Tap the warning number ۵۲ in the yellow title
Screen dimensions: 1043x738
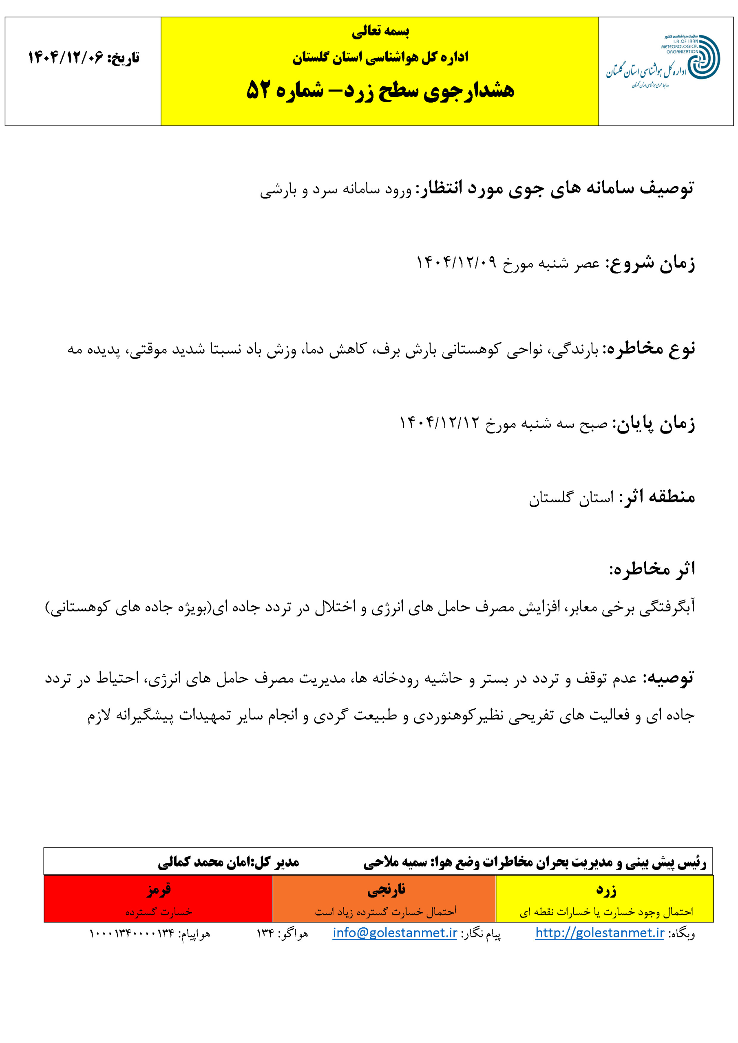pos(259,90)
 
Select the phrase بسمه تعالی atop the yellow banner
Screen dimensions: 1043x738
pos(380,31)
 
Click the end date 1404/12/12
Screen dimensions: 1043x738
pos(439,423)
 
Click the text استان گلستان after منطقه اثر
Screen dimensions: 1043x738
pos(571,497)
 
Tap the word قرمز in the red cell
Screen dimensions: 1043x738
pos(159,889)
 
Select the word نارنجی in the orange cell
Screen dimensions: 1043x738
pos(386,889)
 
